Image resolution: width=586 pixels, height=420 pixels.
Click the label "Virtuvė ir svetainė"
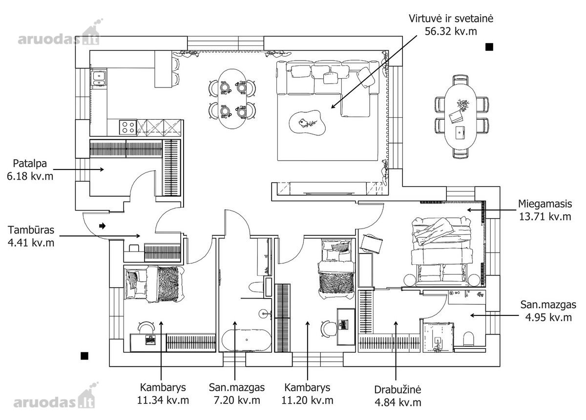pos(451,19)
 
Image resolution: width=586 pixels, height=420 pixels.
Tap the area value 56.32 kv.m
pos(451,31)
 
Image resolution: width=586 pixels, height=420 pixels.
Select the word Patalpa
pos(30,164)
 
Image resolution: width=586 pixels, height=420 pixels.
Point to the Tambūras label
pos(31,230)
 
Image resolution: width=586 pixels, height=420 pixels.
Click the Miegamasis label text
pos(545,204)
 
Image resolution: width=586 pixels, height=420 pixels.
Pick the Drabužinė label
pos(398,390)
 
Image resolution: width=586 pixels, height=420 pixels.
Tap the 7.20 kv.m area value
pos(237,400)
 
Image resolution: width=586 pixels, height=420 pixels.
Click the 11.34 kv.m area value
pos(163,400)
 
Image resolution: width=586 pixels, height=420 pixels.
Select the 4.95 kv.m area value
pos(548,317)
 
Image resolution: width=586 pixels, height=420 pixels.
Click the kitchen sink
pos(99,78)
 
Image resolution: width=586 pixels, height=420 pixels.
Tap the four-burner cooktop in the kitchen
pos(128,127)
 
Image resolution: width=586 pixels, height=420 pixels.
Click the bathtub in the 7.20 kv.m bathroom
pos(247,340)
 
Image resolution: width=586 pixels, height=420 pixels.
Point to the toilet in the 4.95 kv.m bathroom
pos(468,339)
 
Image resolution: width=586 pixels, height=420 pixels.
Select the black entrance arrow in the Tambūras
pos(102,226)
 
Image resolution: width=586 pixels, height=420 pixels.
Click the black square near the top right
pos(489,47)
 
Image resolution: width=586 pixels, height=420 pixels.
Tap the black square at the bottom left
pos(84,356)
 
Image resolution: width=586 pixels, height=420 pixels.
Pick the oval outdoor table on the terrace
pos(460,117)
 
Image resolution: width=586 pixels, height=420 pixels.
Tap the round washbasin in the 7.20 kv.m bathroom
pos(264,314)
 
